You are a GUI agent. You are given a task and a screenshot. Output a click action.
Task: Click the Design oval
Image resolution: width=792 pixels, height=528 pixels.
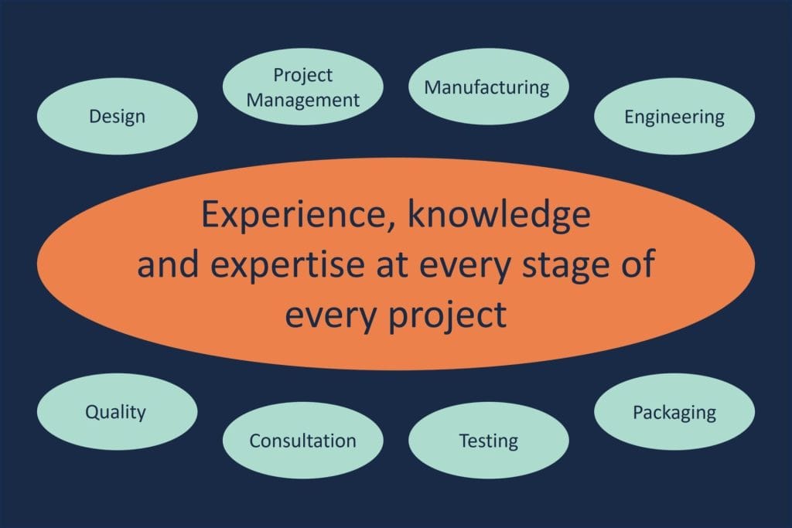(x=118, y=116)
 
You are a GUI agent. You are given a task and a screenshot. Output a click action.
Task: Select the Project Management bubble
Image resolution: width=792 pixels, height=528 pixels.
(x=303, y=87)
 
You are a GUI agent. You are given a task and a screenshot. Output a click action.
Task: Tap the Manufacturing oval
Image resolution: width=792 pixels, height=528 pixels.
(x=489, y=87)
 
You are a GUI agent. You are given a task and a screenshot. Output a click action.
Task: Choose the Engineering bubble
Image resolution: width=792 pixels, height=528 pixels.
(x=674, y=116)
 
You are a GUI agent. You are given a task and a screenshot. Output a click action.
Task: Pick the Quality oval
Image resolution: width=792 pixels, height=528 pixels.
(x=118, y=411)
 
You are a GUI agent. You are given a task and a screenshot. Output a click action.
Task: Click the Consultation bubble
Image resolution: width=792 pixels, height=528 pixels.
(x=303, y=440)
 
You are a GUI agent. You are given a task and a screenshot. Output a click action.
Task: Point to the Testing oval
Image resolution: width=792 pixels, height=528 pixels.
(x=489, y=440)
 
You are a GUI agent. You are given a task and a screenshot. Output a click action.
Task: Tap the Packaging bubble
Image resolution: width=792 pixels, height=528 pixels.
(x=674, y=411)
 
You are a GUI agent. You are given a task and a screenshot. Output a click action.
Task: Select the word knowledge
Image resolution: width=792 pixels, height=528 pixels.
(x=499, y=214)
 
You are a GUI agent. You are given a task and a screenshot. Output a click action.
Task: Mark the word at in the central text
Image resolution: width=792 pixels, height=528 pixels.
(x=392, y=264)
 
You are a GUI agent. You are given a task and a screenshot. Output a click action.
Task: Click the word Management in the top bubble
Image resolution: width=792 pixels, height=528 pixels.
(x=303, y=100)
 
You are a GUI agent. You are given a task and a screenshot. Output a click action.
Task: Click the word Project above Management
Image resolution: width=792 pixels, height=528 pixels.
(x=303, y=75)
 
